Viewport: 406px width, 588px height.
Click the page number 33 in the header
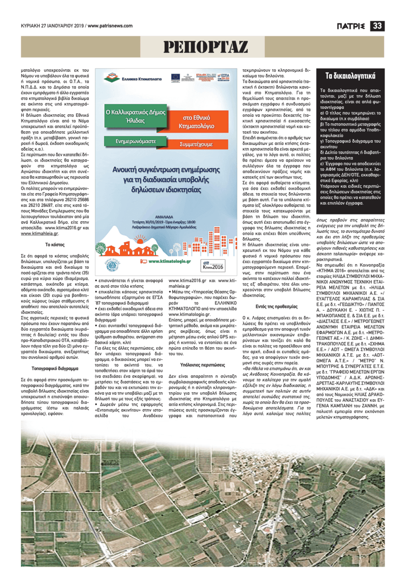pos(378,25)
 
